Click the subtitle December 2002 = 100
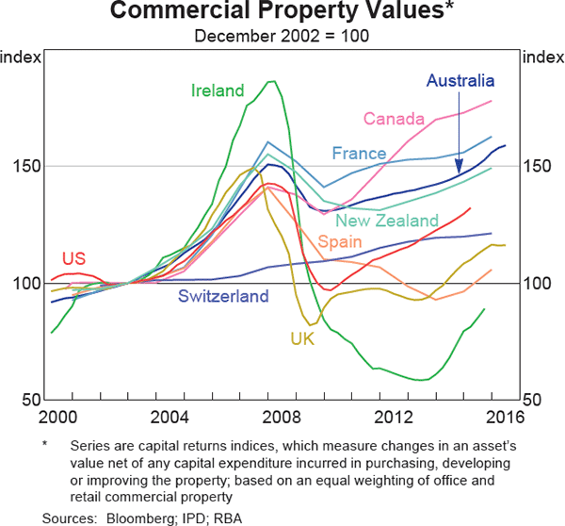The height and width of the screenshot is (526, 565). click(282, 36)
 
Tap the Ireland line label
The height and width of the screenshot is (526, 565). click(218, 91)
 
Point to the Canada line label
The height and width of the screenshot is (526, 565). click(394, 119)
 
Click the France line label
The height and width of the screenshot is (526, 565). click(359, 153)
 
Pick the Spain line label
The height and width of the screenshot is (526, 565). click(337, 241)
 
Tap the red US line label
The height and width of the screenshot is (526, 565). click(74, 257)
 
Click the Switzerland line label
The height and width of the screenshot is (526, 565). click(224, 296)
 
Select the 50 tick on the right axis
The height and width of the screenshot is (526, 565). click(536, 401)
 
